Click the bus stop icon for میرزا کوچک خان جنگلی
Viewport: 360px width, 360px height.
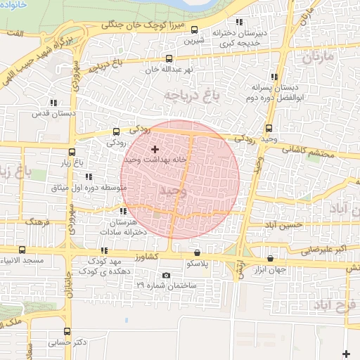tap(195, 30)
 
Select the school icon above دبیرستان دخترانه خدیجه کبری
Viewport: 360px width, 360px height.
tap(240, 22)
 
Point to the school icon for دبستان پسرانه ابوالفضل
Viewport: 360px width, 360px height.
tap(274, 77)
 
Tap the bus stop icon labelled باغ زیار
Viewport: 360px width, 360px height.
tap(72, 151)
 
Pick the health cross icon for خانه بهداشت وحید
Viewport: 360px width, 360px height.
tap(155, 149)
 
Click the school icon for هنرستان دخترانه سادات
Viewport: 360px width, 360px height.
tap(124, 211)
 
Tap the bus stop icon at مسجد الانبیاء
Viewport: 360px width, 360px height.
tap(22, 250)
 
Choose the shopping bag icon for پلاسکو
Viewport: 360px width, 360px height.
tap(196, 252)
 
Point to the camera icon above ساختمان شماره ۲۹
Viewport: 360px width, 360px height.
tap(166, 276)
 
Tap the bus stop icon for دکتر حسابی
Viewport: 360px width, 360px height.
tap(67, 331)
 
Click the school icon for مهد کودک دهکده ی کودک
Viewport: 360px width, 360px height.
tap(104, 250)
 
